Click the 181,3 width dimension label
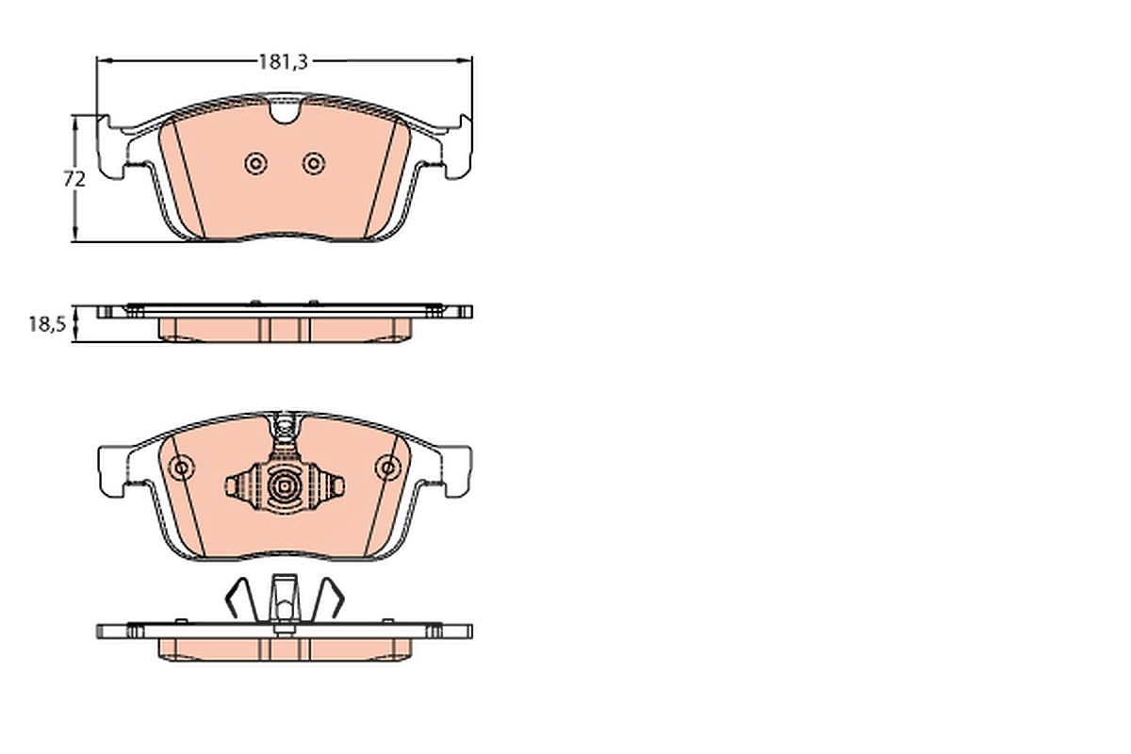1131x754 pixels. tap(284, 61)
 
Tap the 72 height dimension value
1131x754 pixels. tap(74, 179)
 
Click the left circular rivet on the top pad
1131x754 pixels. tap(256, 164)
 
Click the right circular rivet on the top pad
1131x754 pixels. tap(314, 164)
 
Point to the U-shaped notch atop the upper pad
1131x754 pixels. tap(285, 111)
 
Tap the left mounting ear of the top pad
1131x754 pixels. tap(110, 147)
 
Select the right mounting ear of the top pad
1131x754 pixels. tap(458, 147)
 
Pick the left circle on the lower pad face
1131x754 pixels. tap(181, 467)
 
